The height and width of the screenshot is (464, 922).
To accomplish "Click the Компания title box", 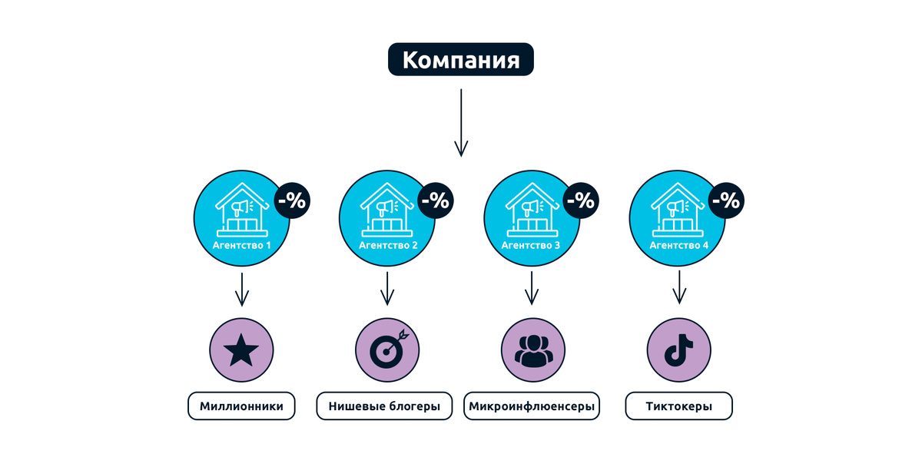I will pyautogui.click(x=460, y=59).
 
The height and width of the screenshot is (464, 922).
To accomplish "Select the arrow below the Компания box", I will pyautogui.click(x=460, y=123).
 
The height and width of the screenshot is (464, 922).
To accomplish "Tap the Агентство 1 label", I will pyautogui.click(x=242, y=246).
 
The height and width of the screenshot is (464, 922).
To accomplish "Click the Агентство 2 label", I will pyautogui.click(x=388, y=246).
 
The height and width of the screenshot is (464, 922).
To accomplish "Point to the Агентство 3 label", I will pyautogui.click(x=531, y=246).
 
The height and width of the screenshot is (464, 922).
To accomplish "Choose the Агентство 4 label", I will pyautogui.click(x=678, y=246).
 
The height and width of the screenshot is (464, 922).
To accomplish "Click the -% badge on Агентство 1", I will pyautogui.click(x=292, y=201).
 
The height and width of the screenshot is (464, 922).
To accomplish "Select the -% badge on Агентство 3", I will pyautogui.click(x=581, y=201).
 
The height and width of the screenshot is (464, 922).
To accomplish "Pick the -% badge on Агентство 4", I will pyautogui.click(x=725, y=201).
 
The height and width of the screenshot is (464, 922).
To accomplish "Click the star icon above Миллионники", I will pyautogui.click(x=241, y=351).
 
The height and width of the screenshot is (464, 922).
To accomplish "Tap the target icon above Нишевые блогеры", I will pyautogui.click(x=387, y=351).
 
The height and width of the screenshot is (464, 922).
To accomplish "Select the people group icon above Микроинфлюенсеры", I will pyautogui.click(x=532, y=351).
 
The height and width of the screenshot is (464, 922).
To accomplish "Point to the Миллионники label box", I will pyautogui.click(x=241, y=406).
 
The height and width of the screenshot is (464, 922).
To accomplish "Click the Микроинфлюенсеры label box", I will pyautogui.click(x=532, y=406).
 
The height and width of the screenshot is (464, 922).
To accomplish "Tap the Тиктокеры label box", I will pyautogui.click(x=678, y=406).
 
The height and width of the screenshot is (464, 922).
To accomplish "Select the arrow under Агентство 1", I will pyautogui.click(x=242, y=289).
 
